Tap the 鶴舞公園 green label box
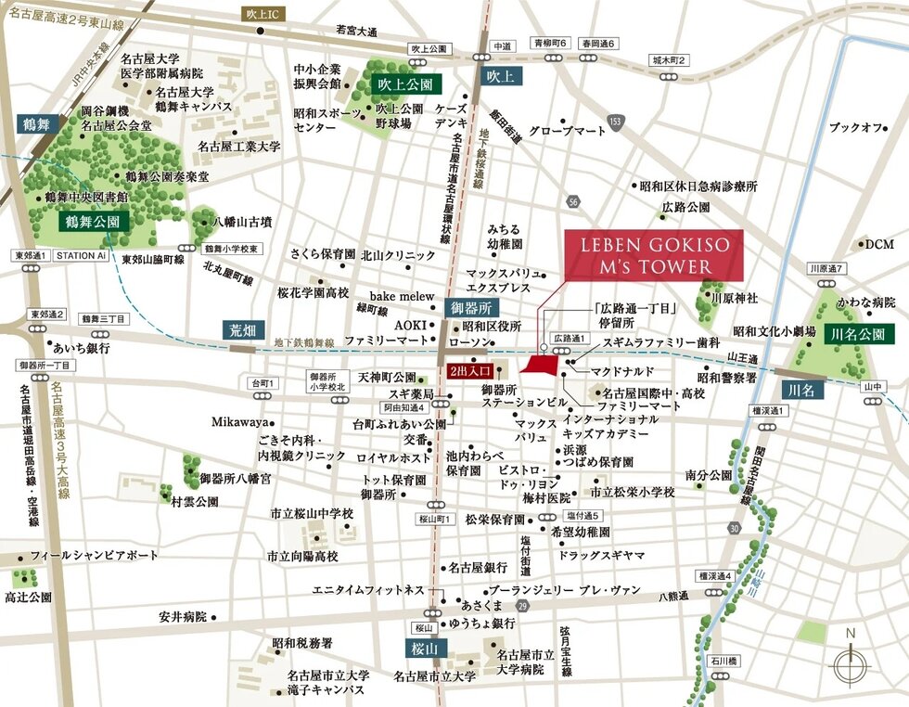93,222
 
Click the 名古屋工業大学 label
238,147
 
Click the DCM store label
877,244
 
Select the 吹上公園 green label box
405,84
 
